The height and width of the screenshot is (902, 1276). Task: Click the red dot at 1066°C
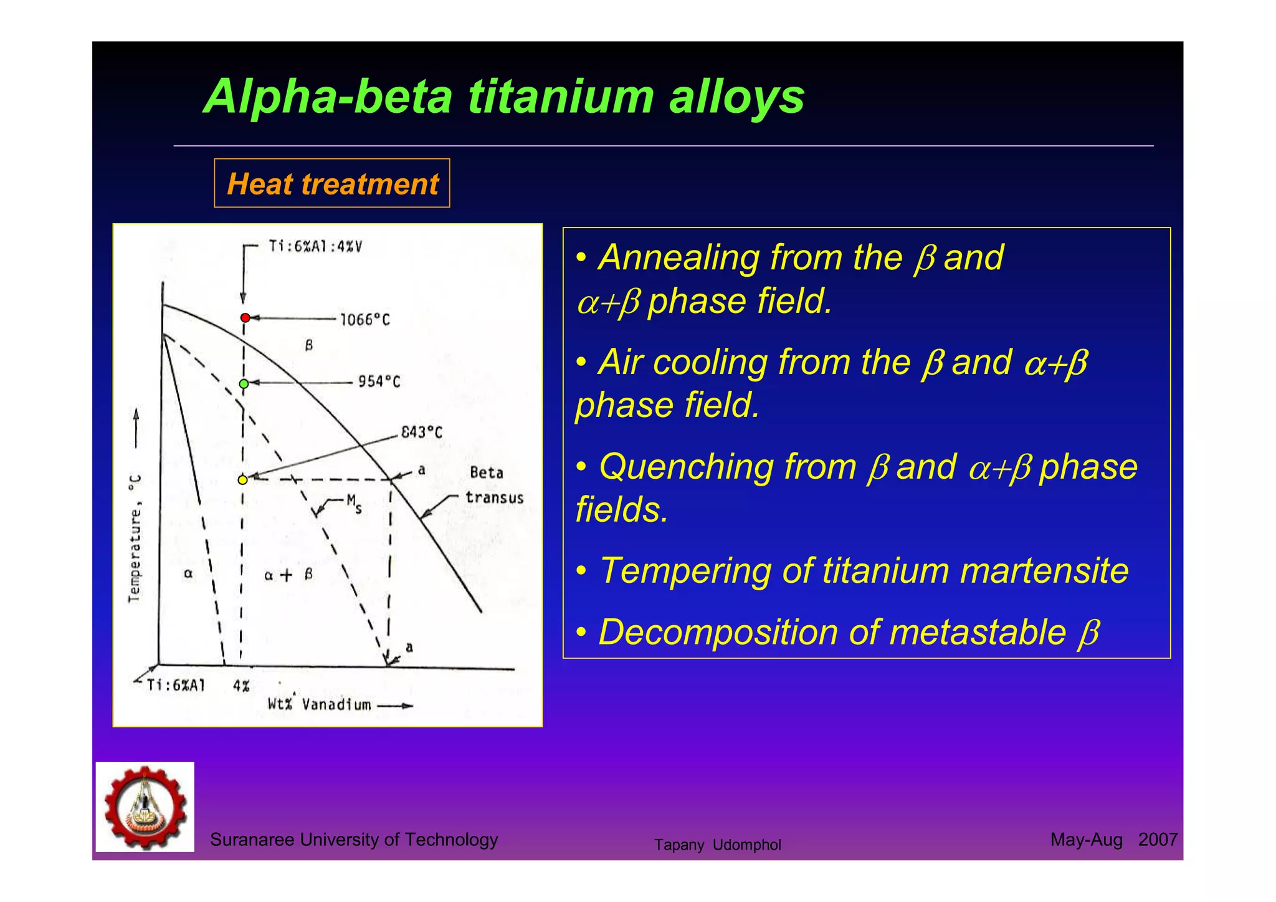point(245,318)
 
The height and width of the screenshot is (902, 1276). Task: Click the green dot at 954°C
point(244,383)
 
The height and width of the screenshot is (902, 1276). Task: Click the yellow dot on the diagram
point(242,479)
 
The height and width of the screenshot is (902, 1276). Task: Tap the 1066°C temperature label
point(364,320)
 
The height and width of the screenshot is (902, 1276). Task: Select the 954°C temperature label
point(378,381)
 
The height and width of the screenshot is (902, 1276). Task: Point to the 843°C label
point(421,432)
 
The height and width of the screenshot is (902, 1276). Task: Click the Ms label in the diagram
point(353,502)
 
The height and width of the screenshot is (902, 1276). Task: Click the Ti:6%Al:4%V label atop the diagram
point(315,246)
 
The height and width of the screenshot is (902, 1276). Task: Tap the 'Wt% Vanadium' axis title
point(319,704)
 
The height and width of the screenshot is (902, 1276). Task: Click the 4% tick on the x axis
point(241,686)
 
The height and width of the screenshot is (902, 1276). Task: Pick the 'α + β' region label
point(288,575)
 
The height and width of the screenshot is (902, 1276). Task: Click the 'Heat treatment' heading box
point(332,184)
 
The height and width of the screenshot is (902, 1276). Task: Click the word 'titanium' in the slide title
point(561,97)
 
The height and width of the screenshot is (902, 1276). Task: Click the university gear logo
point(145,807)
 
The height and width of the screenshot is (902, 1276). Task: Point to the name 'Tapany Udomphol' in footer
point(717,845)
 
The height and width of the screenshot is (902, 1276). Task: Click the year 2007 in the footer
point(1157,840)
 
